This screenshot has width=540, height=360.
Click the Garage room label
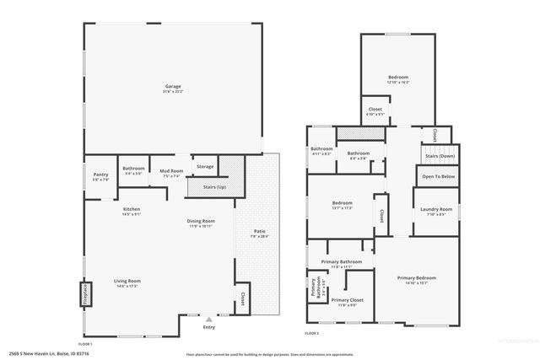click(174, 85)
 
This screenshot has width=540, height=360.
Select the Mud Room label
click(171, 170)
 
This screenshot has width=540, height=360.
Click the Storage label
click(205, 167)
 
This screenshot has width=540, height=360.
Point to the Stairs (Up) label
click(215, 186)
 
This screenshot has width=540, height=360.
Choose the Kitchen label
click(132, 209)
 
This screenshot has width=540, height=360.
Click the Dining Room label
click(201, 221)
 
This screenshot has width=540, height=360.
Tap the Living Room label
click(127, 281)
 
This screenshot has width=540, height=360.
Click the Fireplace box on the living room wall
click(85, 293)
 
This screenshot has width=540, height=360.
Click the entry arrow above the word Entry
click(208, 320)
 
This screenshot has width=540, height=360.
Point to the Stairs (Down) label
click(440, 156)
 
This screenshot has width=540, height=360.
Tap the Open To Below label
click(439, 176)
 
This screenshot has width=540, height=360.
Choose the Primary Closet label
click(347, 299)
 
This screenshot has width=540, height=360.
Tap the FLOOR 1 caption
click(85, 344)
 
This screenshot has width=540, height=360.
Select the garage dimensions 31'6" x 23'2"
click(174, 90)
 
